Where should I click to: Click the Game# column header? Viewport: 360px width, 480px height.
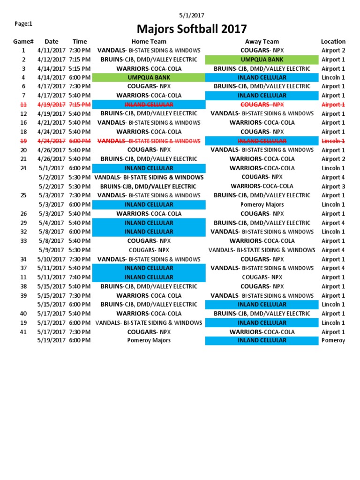coord(23,42)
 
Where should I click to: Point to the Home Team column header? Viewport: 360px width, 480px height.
coord(149,42)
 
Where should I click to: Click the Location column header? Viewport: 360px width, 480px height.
coord(333,42)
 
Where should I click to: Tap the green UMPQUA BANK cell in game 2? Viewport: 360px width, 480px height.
coord(262,60)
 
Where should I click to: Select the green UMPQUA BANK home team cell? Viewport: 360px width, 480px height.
coord(149,77)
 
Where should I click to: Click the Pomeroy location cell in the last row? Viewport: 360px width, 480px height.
coord(333,340)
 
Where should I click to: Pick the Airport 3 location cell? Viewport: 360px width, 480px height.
coord(333,187)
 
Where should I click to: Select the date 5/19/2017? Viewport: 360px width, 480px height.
coord(52,340)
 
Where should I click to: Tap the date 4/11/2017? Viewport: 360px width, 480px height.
coord(52,51)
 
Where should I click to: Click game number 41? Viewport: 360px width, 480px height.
coord(23,332)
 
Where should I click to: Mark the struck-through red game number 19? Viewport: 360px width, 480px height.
coord(23,141)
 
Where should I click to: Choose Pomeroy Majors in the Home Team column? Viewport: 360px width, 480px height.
coord(149,340)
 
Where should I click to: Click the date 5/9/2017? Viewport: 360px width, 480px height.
coord(52,250)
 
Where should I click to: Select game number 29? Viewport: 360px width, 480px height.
coord(23,223)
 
